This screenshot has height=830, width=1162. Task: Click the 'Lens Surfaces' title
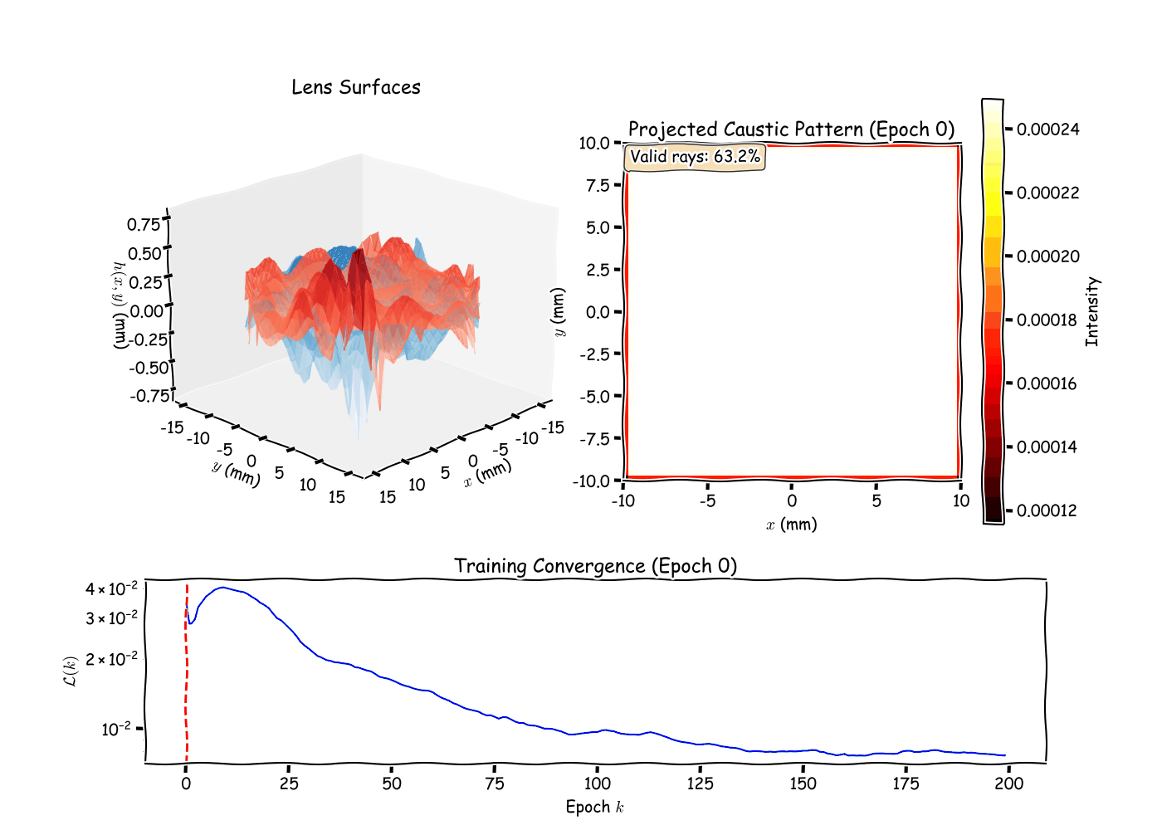point(355,87)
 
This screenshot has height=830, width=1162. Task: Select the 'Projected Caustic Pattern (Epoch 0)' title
point(791,129)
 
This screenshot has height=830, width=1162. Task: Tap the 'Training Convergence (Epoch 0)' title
point(595,566)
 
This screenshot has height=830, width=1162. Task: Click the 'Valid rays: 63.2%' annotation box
point(695,156)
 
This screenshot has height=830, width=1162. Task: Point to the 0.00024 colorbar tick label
point(1047,129)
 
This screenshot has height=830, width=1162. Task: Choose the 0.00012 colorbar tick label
point(1047,510)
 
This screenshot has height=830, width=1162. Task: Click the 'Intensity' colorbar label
point(1091,311)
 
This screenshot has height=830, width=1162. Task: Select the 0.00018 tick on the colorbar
point(1047,320)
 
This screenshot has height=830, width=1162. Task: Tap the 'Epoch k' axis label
point(594,807)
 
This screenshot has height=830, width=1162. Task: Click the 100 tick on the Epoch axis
point(597,784)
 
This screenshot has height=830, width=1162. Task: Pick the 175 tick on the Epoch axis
point(906,784)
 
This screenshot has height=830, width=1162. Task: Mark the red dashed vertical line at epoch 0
point(187,681)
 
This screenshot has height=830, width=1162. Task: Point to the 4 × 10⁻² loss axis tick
point(111,589)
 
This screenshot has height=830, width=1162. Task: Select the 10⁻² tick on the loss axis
point(116,730)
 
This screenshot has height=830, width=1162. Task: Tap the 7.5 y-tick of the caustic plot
point(598,185)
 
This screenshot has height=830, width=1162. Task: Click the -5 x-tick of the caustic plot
point(707,500)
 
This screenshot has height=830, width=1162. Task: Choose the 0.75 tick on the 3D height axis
point(144,225)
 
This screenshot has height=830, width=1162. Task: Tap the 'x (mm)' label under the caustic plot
point(791,525)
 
